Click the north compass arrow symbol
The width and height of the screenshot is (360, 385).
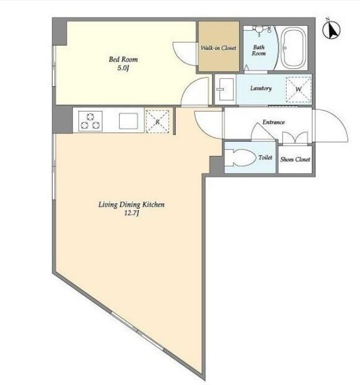(x=331, y=30)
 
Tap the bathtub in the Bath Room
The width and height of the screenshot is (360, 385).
(x=293, y=48)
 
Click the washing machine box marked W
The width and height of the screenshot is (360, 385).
(x=298, y=89)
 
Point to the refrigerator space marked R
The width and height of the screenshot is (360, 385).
(x=157, y=122)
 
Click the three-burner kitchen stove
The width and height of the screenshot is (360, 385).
(x=90, y=121)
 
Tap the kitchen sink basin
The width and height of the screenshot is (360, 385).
(x=129, y=121)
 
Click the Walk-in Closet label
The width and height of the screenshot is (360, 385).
(x=218, y=48)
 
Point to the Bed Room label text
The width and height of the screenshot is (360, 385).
(x=123, y=59)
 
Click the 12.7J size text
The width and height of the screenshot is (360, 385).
(x=132, y=213)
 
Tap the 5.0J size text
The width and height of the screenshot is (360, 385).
(x=123, y=68)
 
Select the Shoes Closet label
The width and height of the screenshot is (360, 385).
(x=295, y=159)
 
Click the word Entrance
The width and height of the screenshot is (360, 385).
(x=273, y=122)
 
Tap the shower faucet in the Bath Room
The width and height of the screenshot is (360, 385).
(x=259, y=30)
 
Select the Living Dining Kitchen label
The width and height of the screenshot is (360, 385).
(x=132, y=205)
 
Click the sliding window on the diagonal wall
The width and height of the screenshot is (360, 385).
(x=137, y=331)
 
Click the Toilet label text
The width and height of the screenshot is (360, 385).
(x=265, y=157)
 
